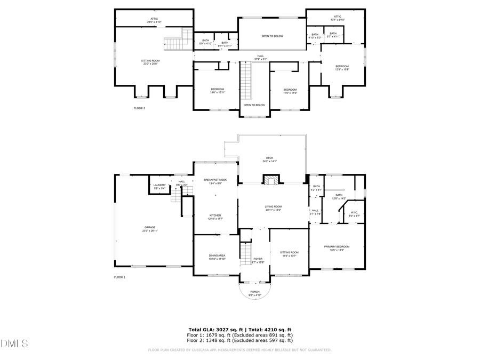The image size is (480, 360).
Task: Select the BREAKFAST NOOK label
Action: tap(215, 180)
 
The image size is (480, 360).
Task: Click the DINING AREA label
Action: tap(217, 257)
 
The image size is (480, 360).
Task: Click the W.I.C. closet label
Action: tap(354, 213)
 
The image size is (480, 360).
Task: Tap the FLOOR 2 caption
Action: tap(139, 108)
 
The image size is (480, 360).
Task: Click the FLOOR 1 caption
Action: tap(119, 277)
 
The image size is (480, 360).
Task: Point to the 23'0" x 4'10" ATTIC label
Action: tap(154, 20)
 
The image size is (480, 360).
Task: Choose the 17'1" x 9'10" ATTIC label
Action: tap(337, 18)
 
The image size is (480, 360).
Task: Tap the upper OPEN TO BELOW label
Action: tap(272, 36)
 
